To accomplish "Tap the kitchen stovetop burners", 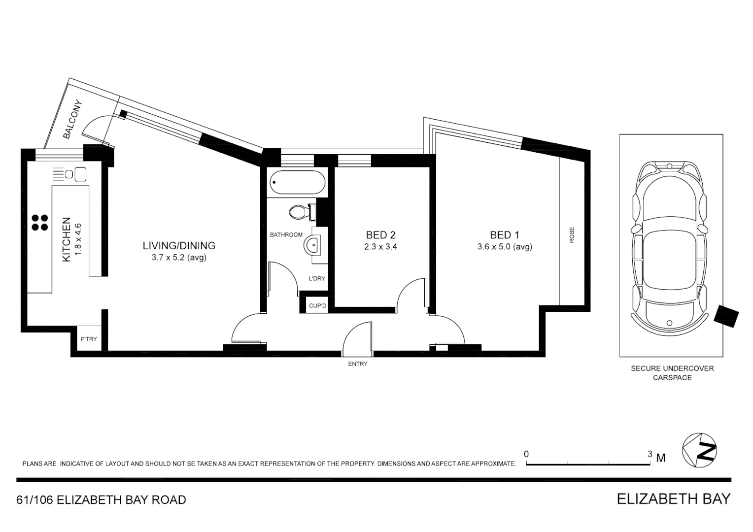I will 40,223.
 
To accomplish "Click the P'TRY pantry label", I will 89,339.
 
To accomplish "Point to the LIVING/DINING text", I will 179,245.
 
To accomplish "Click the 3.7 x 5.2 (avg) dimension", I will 179,257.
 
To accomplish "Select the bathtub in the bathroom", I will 298,183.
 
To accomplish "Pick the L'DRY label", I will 317,278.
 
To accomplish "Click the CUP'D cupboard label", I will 317,306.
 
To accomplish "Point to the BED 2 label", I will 380,235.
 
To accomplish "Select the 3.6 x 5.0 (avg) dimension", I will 505,247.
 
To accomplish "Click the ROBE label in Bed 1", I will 572,235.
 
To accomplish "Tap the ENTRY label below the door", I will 358,364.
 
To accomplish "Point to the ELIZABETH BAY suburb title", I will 673,499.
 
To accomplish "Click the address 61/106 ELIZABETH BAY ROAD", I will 102,500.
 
